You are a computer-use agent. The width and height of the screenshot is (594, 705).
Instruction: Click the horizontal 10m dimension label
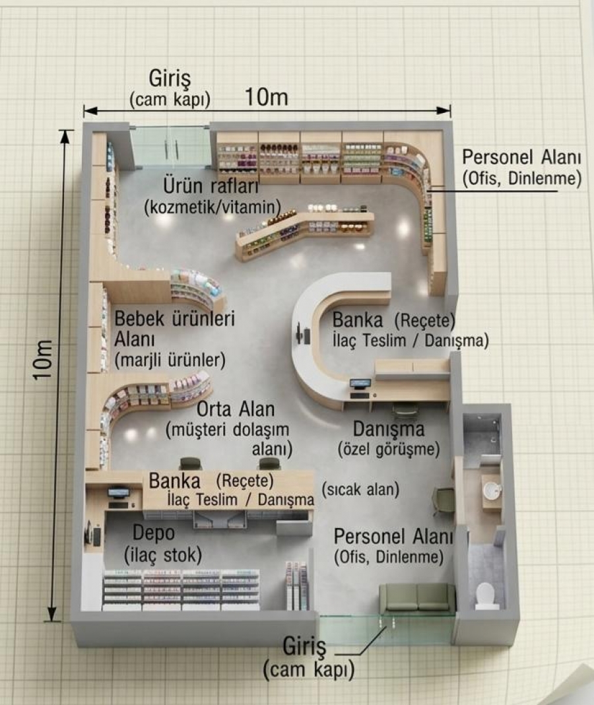[x=266, y=96]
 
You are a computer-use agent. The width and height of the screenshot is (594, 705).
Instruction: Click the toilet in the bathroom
[x=484, y=595]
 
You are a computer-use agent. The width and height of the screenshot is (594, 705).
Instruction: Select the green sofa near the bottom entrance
[x=417, y=597]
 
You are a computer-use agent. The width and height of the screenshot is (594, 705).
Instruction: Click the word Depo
[x=153, y=533]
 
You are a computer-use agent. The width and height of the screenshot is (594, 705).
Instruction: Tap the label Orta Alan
[x=236, y=409]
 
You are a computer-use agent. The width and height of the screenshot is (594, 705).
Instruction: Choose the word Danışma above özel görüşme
[x=389, y=429]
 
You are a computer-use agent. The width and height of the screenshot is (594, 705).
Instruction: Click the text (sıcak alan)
[x=360, y=490]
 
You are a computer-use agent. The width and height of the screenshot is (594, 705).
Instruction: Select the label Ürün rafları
[x=211, y=186]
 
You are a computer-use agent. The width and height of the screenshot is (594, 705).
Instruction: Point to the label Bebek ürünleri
[x=174, y=319]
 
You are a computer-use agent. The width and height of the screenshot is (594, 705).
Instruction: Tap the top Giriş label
[x=170, y=79]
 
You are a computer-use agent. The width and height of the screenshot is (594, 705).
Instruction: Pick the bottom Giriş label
[x=304, y=647]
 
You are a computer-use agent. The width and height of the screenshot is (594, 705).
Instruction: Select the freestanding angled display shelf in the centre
[x=305, y=230]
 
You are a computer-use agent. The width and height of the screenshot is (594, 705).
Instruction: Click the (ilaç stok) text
[x=163, y=555]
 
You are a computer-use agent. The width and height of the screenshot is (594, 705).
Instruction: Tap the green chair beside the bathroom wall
[x=444, y=500]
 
